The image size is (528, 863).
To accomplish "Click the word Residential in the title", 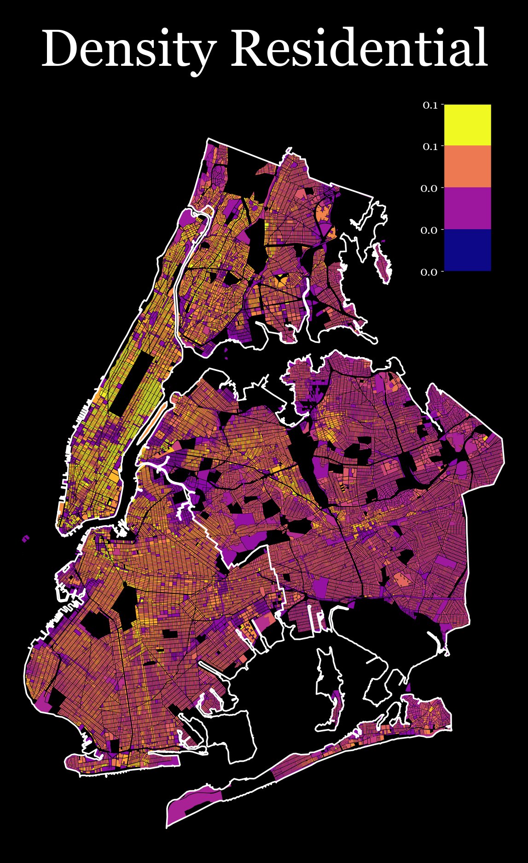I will point(361,48).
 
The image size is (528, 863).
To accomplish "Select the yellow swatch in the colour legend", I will point(467,125).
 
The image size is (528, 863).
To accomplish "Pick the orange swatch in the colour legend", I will point(467,167).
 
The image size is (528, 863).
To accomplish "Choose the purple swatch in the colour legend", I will point(467,208).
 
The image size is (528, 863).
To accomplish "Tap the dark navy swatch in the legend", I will point(467,250).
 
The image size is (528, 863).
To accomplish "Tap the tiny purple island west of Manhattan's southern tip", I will point(26,538).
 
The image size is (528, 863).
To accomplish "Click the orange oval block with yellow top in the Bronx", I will point(280,279).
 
